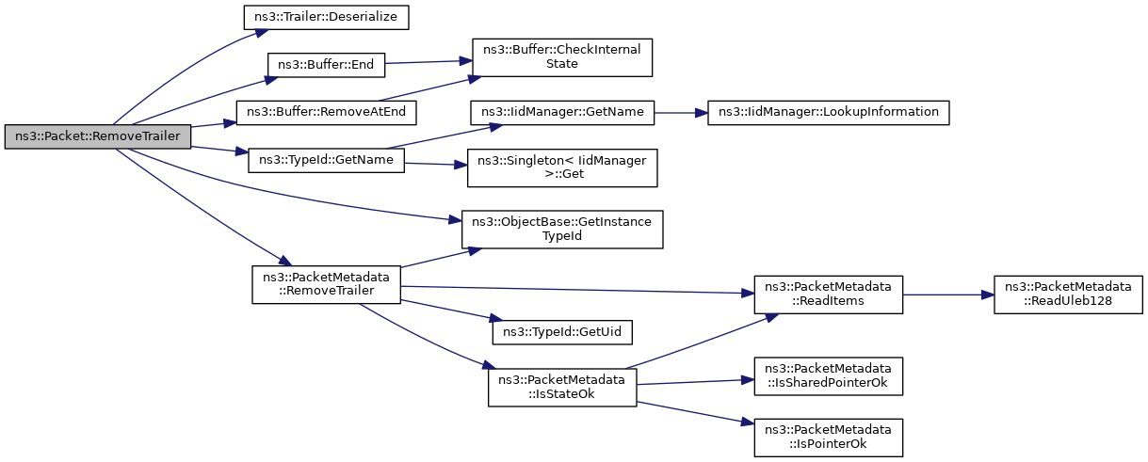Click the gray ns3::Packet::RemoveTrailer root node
[98, 136]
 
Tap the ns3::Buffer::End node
[326, 65]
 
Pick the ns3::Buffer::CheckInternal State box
[561, 57]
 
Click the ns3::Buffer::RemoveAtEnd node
[326, 112]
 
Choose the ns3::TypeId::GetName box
[326, 160]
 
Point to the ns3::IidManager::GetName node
[561, 112]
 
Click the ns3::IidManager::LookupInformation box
[828, 112]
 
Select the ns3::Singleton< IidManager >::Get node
[561, 167]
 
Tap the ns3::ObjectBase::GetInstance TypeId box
[561, 229]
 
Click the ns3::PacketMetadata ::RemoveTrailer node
[326, 284]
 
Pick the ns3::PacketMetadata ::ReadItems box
[828, 295]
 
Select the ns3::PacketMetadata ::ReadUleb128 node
[1068, 295]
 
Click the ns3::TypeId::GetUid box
[561, 332]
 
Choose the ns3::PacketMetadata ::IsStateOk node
[561, 387]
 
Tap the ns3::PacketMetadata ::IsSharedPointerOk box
[828, 375]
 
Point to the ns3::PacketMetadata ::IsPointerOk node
[828, 437]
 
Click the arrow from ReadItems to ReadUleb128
[947, 295]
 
